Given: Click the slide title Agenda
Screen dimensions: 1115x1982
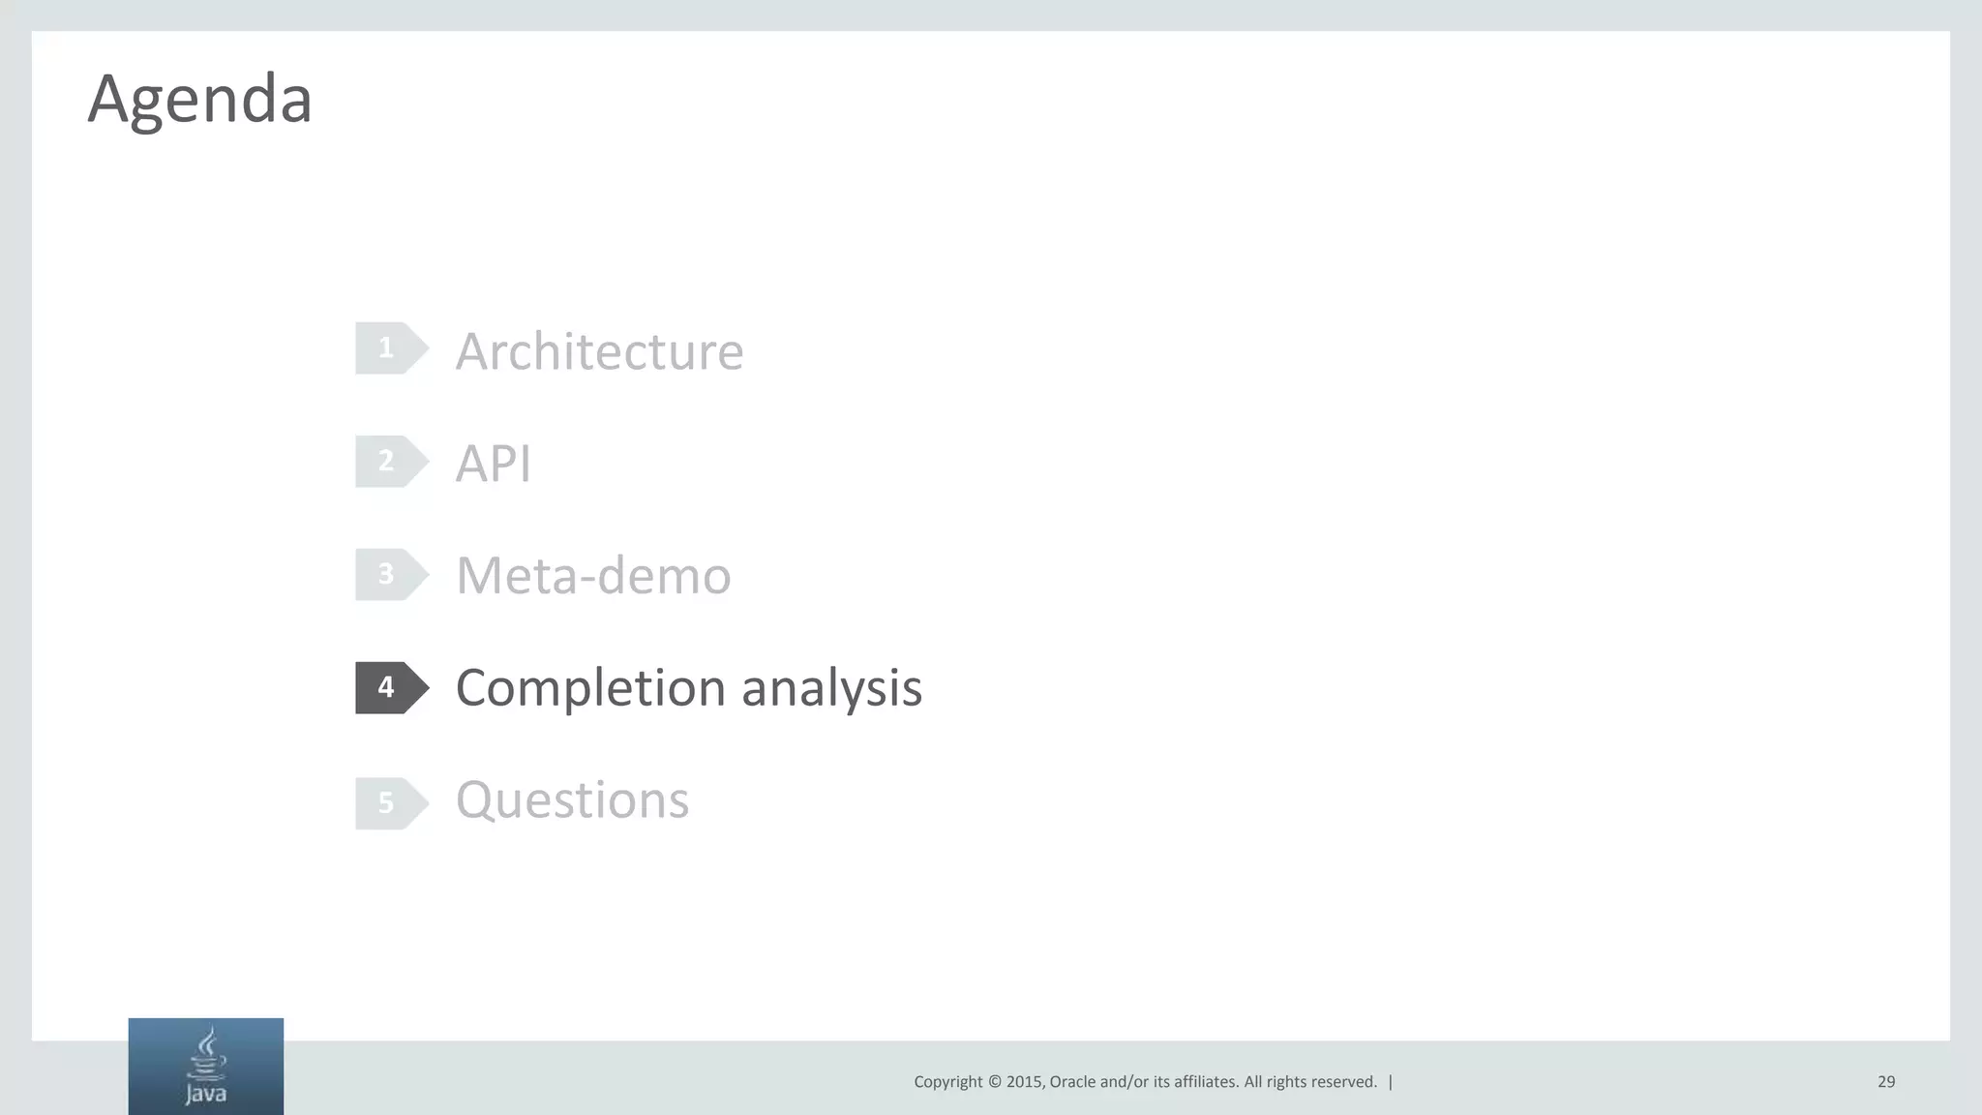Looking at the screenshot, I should [x=200, y=99].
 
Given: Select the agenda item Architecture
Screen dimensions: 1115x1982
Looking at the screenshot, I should [x=599, y=350].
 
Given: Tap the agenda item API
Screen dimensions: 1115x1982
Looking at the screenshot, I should [x=494, y=463].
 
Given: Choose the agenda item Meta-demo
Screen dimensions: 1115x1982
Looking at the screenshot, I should [x=593, y=576].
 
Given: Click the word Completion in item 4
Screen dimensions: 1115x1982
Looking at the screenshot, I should [x=590, y=688].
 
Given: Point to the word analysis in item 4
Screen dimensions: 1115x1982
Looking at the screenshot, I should [x=831, y=688].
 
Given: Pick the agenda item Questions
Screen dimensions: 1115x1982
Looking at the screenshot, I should [x=572, y=800].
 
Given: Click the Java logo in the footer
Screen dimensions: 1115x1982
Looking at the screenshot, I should [x=206, y=1067].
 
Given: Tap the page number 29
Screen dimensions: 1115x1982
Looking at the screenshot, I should [x=1886, y=1082].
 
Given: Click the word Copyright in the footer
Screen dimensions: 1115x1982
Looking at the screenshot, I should [x=948, y=1082].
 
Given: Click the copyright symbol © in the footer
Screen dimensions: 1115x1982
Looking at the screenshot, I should [x=994, y=1082].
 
